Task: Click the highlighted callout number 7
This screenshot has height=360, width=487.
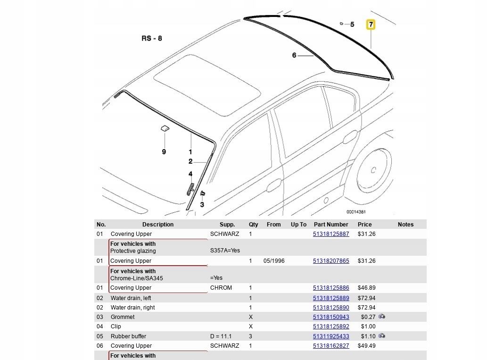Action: pyautogui.click(x=371, y=24)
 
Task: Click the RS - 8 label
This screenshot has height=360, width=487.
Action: pyautogui.click(x=151, y=38)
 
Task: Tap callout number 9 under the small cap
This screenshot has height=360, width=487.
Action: pyautogui.click(x=164, y=152)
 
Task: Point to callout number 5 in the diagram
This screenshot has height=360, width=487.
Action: pyautogui.click(x=352, y=24)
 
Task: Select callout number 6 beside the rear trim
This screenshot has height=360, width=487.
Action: pyautogui.click(x=294, y=55)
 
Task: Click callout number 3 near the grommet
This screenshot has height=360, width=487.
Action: pyautogui.click(x=202, y=204)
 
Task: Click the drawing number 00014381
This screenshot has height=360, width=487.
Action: pyautogui.click(x=356, y=212)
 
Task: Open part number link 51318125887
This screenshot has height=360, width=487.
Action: pyautogui.click(x=331, y=234)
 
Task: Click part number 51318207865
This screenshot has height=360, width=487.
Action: pyautogui.click(x=331, y=261)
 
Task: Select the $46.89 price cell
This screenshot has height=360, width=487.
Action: pyautogui.click(x=366, y=288)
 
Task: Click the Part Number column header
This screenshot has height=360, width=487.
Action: pyautogui.click(x=331, y=225)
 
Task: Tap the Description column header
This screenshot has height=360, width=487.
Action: pyautogui.click(x=158, y=225)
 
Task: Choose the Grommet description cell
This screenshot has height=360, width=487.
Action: pyautogui.click(x=123, y=317)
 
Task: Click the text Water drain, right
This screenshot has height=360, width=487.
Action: pyautogui.click(x=132, y=308)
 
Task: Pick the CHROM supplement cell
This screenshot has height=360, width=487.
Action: pyautogui.click(x=221, y=288)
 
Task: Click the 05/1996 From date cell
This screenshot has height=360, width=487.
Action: pyautogui.click(x=274, y=261)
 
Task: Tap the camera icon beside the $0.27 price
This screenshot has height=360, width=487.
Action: pyautogui.click(x=382, y=317)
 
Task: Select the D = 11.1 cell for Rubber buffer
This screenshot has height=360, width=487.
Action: pyautogui.click(x=221, y=336)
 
